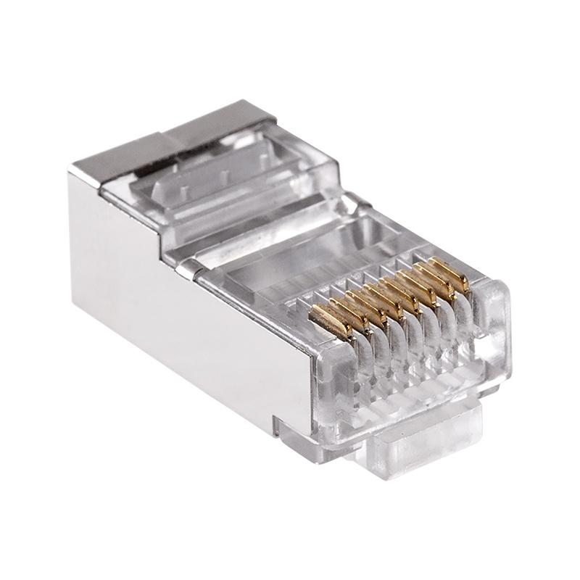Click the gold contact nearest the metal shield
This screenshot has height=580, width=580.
328,316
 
